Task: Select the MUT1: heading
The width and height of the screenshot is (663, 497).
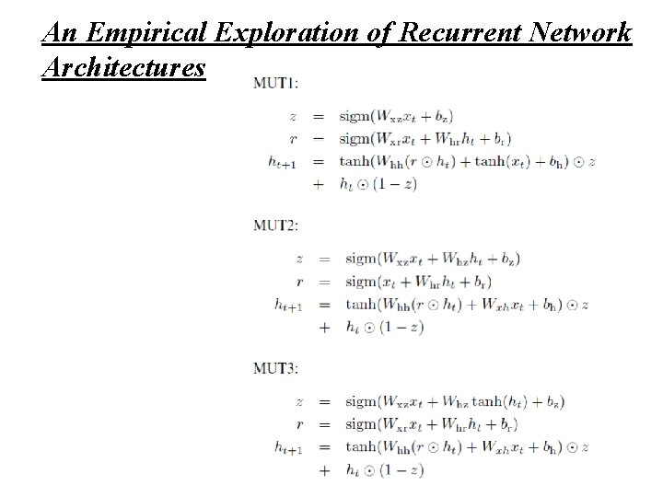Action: pyautogui.click(x=275, y=83)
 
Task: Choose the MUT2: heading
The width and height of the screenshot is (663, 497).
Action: pyautogui.click(x=277, y=224)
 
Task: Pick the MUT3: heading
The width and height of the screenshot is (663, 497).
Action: pyautogui.click(x=277, y=369)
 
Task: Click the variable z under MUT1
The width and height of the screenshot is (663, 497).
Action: pyautogui.click(x=293, y=117)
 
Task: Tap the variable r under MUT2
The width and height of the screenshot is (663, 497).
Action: pyautogui.click(x=299, y=282)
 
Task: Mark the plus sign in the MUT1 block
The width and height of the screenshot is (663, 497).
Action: pyautogui.click(x=319, y=184)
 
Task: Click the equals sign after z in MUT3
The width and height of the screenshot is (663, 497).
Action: pyautogui.click(x=323, y=402)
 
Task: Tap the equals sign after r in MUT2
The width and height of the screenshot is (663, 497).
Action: pyautogui.click(x=323, y=282)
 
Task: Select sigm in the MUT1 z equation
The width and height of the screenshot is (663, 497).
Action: pyautogui.click(x=355, y=117)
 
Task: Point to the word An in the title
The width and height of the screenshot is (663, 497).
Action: pyautogui.click(x=58, y=35)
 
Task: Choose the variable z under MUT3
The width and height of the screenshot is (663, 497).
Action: pyautogui.click(x=299, y=402)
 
